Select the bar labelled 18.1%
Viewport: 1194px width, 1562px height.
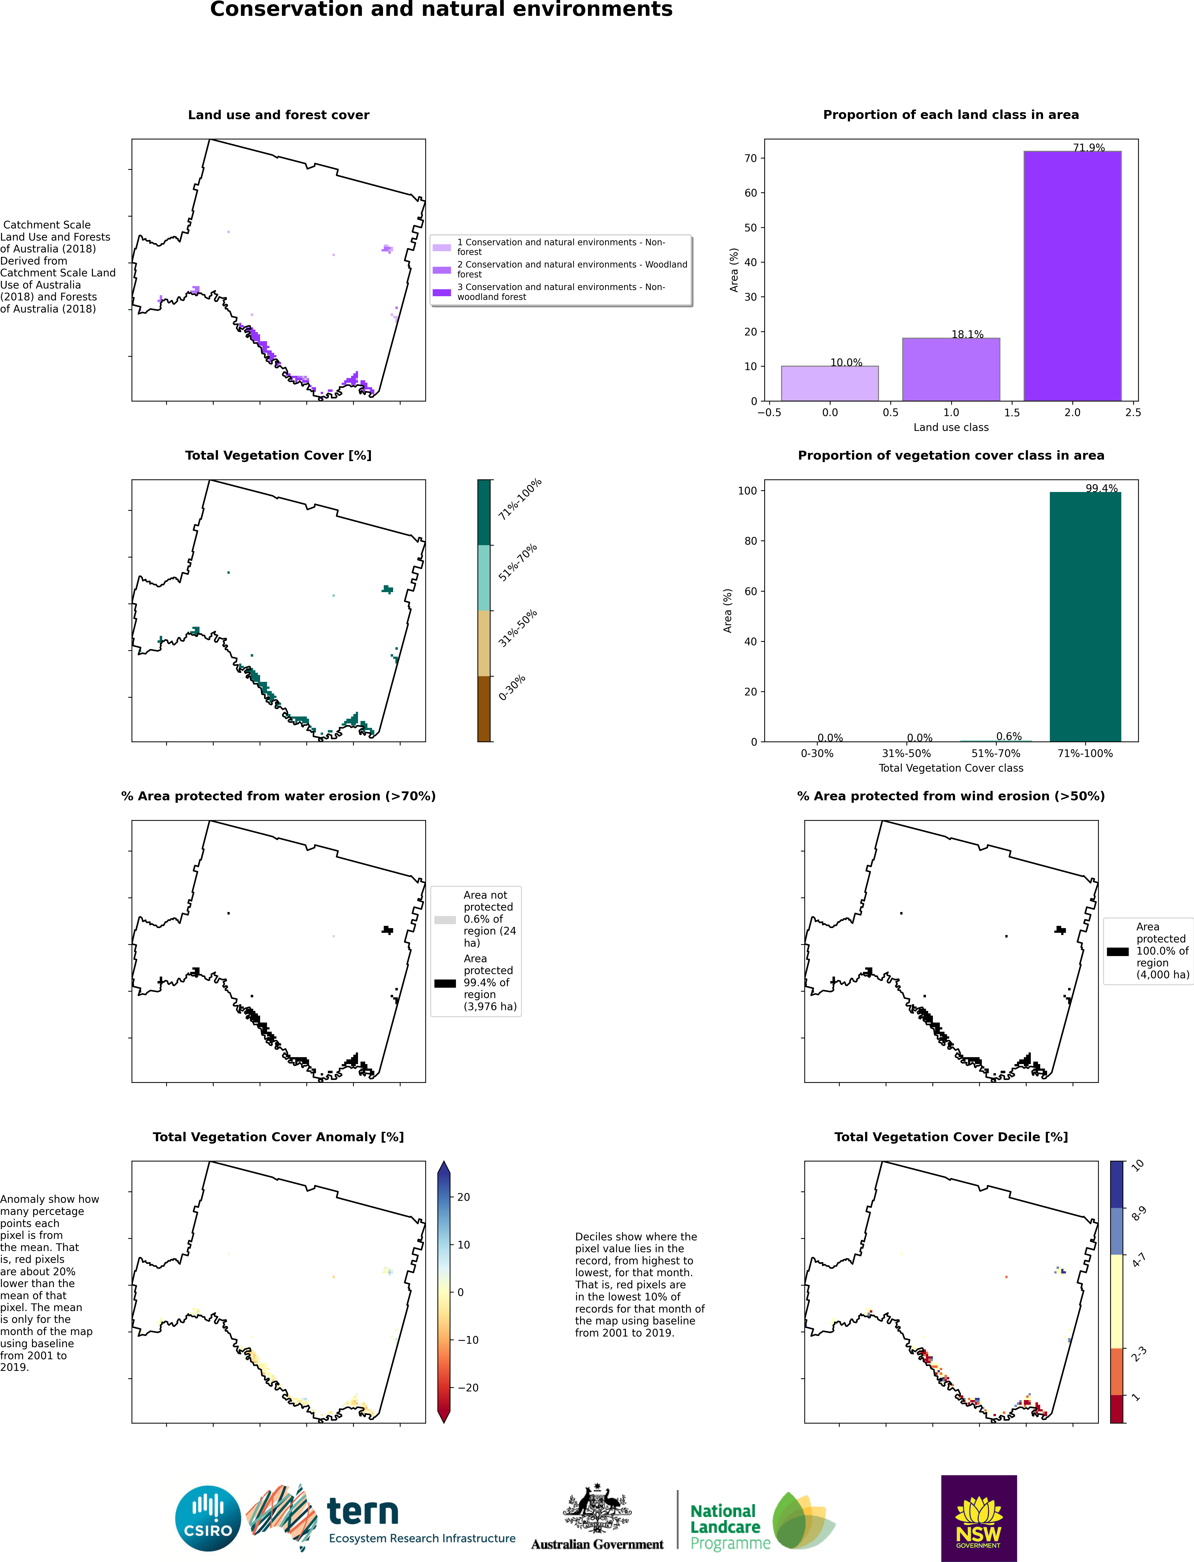tap(951, 370)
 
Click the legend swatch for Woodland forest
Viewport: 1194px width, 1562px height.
tap(442, 270)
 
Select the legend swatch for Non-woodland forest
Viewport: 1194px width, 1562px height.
tap(442, 292)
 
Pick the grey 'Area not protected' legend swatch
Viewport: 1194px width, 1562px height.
tap(445, 920)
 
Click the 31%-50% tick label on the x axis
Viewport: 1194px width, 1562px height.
tap(906, 753)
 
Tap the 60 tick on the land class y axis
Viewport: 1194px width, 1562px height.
tap(750, 193)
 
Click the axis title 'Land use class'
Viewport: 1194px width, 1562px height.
tap(951, 427)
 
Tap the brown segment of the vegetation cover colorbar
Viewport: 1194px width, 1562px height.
tap(484, 709)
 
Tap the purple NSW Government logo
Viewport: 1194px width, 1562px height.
tap(979, 1518)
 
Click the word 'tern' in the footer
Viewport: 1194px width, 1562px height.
tap(362, 1512)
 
